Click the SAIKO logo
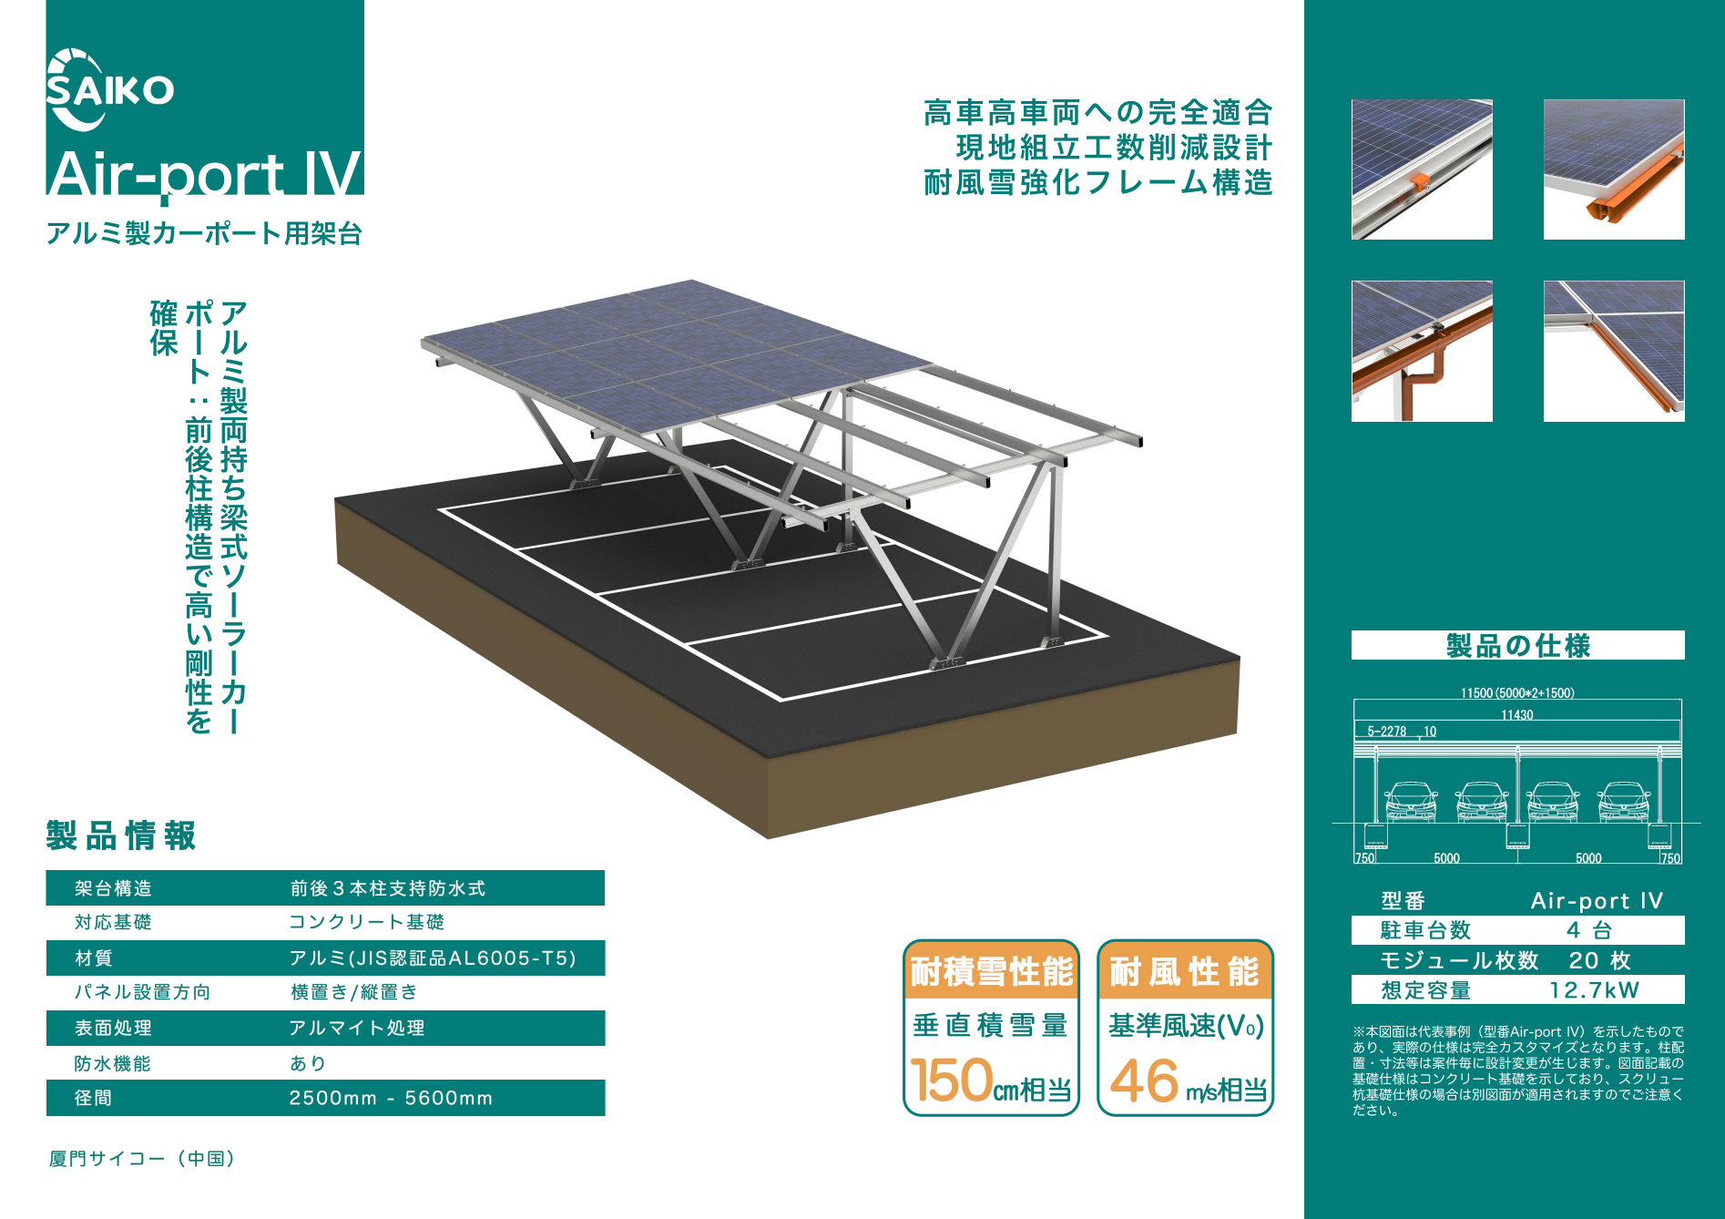pyautogui.click(x=109, y=90)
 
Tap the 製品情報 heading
pyautogui.click(x=121, y=835)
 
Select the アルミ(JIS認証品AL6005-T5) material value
pyautogui.click(x=433, y=958)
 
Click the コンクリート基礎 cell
pyautogui.click(x=367, y=922)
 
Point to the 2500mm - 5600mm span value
pyautogui.click(x=391, y=1099)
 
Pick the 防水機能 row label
pyautogui.click(x=113, y=1063)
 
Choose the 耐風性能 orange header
pyautogui.click(x=1185, y=972)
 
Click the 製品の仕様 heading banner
pyautogui.click(x=1517, y=646)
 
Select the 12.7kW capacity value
pyautogui.click(x=1594, y=990)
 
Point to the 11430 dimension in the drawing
pyautogui.click(x=1516, y=715)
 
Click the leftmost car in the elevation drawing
pyautogui.click(x=1411, y=802)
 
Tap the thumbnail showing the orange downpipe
pyautogui.click(x=1422, y=352)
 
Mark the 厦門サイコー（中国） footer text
pyautogui.click(x=143, y=1159)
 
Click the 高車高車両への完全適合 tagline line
pyautogui.click(x=1097, y=113)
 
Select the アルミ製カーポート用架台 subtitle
pyautogui.click(x=205, y=234)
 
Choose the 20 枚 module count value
pyautogui.click(x=1599, y=960)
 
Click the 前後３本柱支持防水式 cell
pyautogui.click(x=388, y=888)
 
